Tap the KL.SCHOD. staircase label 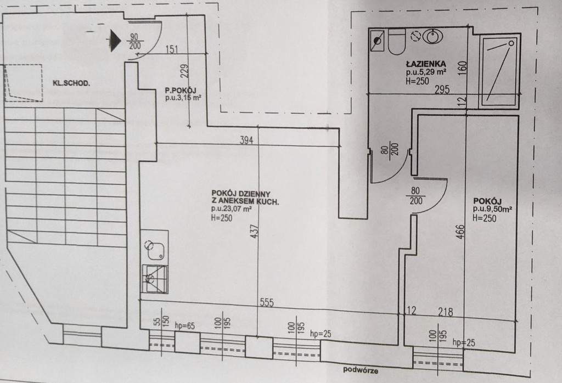71,83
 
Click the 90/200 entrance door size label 134,41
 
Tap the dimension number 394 246,140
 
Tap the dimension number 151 171,51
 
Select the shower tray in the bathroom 498,70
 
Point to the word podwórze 361,370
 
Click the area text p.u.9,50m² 492,209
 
